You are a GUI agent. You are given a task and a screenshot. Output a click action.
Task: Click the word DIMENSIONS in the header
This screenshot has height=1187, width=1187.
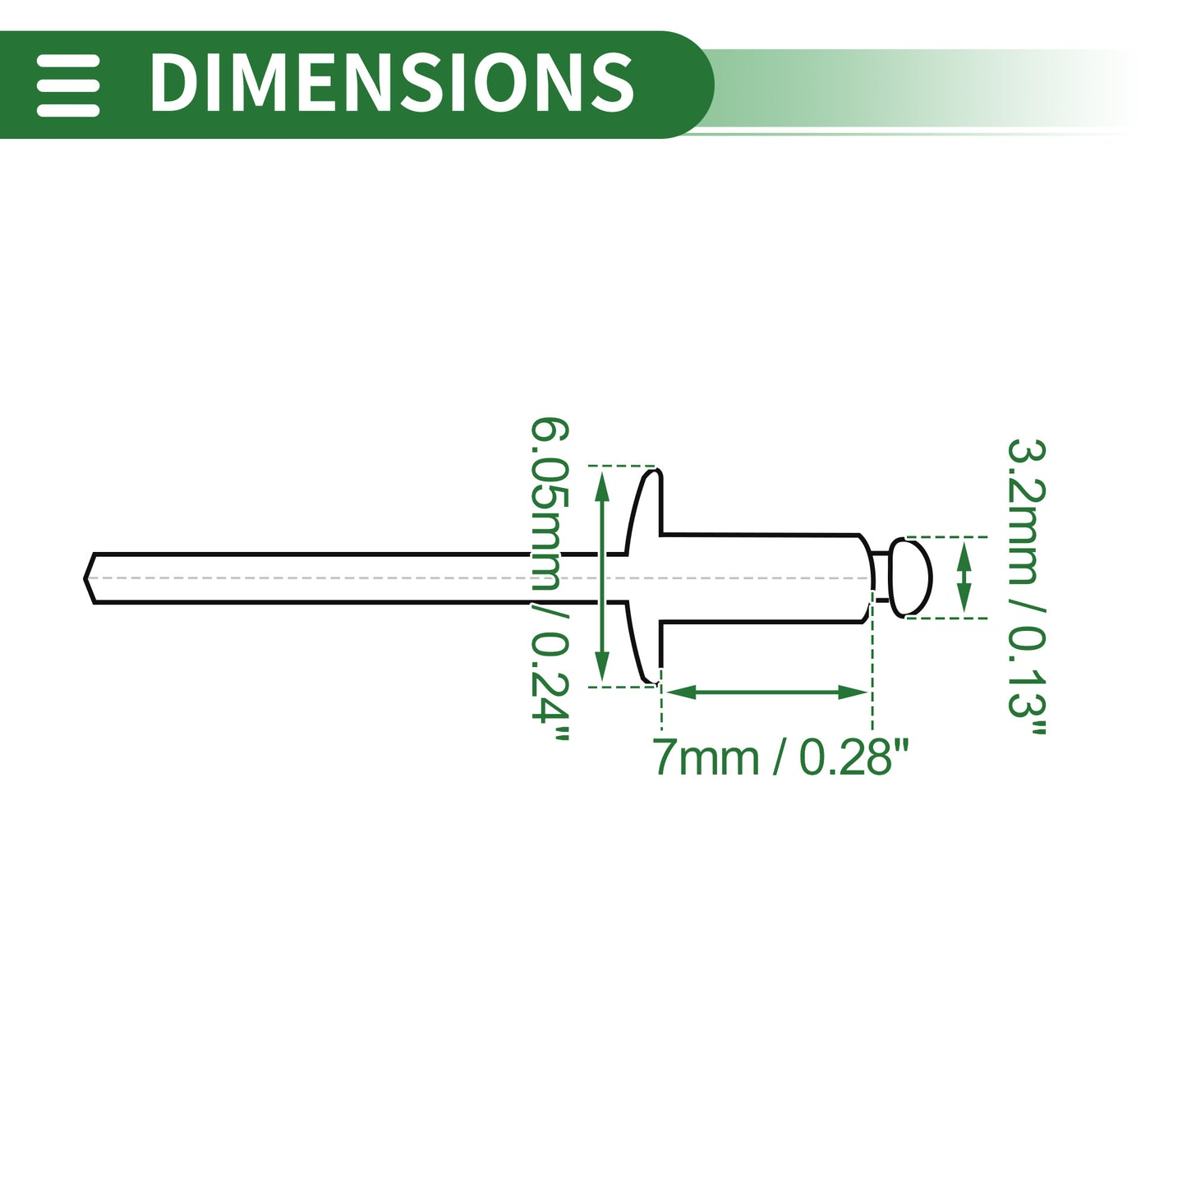392,82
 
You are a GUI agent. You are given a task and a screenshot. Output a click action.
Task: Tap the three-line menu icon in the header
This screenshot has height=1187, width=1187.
67,85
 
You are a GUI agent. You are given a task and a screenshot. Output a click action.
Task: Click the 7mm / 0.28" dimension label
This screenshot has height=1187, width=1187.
780,757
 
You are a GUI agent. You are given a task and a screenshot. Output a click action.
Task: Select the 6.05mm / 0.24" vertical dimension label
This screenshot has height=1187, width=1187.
550,578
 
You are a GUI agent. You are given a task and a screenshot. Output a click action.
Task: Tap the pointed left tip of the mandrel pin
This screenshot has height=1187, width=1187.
85,578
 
